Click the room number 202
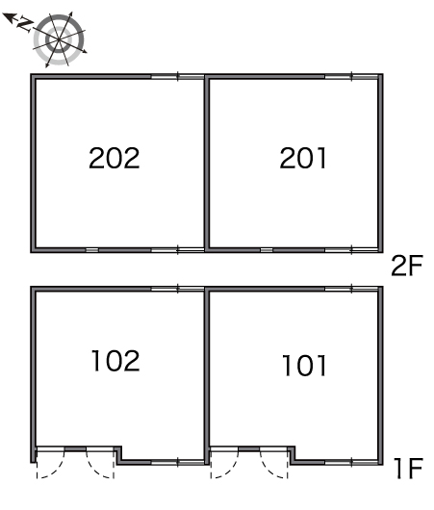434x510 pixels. tap(115, 158)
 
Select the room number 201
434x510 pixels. tap(303, 158)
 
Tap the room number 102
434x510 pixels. tap(115, 361)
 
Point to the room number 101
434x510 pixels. tap(304, 366)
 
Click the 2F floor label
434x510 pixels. tap(407, 266)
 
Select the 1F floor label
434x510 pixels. tap(408, 468)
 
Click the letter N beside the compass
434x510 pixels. tap(25, 24)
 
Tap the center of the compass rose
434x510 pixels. tap(59, 39)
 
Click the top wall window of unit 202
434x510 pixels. tap(177, 77)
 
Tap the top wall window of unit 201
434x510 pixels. tap(351, 77)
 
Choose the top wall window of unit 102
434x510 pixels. tap(177, 289)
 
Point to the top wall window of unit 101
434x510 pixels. tap(351, 289)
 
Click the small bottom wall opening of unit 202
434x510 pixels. tap(92, 250)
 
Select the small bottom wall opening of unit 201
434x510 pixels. tap(267, 250)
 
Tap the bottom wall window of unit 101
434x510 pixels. tap(351, 462)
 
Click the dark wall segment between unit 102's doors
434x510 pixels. tap(75, 449)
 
